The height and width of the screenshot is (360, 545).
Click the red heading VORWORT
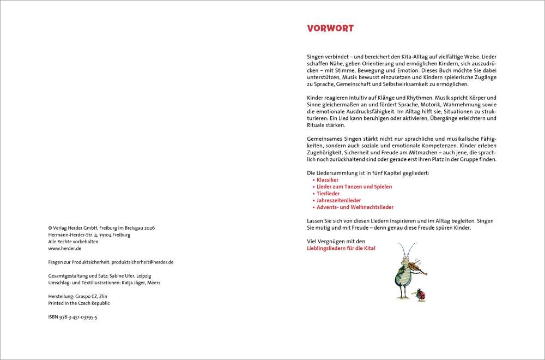tap(330, 28)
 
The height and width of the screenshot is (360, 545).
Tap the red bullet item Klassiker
tap(328, 179)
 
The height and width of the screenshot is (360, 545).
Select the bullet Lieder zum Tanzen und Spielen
tap(354, 187)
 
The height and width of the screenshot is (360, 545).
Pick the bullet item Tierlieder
tap(328, 194)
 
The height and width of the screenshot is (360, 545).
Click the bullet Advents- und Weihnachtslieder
tap(355, 207)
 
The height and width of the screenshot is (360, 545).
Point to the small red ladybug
tap(421, 294)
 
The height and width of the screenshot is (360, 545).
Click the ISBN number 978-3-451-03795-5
tap(74, 317)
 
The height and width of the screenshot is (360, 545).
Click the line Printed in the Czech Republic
tap(79, 303)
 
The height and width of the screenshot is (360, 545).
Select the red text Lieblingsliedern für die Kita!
tap(341, 248)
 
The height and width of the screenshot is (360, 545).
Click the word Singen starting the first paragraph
tap(316, 57)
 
